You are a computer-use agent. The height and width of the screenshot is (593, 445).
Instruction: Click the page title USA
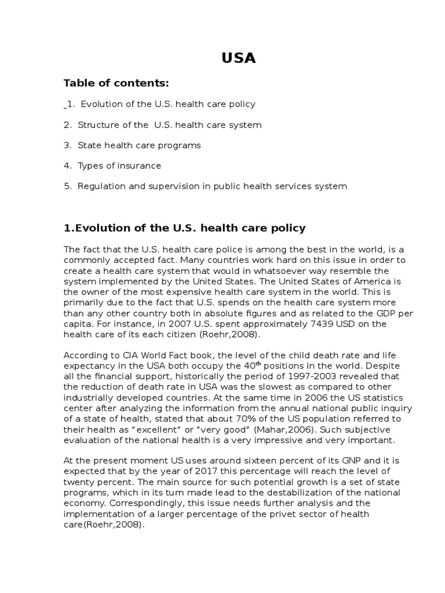click(238, 58)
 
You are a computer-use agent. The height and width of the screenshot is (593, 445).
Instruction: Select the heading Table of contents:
click(116, 83)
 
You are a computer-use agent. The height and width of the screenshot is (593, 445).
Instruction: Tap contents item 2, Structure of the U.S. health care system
click(162, 125)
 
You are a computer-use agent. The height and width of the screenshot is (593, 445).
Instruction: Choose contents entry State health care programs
click(132, 145)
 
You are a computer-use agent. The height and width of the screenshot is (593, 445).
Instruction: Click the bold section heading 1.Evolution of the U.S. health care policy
click(184, 228)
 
